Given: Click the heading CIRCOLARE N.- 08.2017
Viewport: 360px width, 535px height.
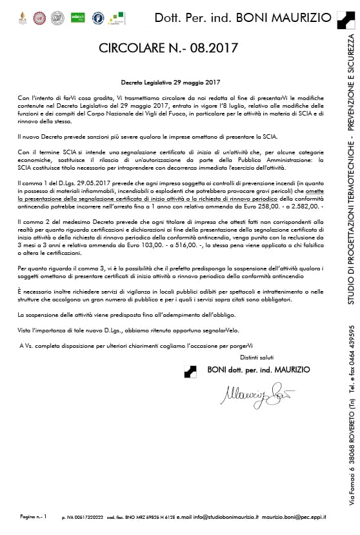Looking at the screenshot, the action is pos(168,48).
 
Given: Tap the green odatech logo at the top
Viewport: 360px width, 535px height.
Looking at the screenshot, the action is pos(77,18).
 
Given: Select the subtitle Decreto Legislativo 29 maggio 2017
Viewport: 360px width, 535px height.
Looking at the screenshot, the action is pos(171,82).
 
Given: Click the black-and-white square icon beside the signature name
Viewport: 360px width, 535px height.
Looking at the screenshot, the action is pos(190,371).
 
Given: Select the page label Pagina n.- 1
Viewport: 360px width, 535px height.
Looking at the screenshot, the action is pos(34,516).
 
